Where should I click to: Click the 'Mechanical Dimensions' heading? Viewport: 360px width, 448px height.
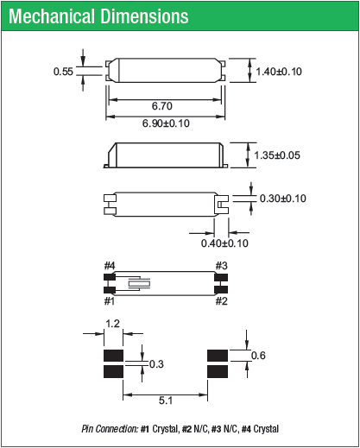(99, 16)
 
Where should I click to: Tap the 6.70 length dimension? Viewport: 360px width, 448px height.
(163, 104)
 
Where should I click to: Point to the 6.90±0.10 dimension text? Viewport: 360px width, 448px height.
(164, 124)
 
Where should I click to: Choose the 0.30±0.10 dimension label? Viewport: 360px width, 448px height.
(283, 199)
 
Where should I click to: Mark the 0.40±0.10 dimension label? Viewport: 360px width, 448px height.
(224, 243)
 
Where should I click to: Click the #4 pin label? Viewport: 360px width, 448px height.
(110, 265)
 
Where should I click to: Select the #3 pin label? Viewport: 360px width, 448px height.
(221, 265)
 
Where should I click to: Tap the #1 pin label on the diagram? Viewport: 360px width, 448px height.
(110, 301)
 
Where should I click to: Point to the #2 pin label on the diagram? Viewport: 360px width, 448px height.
(221, 301)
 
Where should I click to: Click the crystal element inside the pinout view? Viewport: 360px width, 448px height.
(138, 283)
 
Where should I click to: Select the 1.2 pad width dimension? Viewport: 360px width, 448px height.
(112, 325)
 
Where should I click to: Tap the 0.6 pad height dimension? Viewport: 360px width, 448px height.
(257, 356)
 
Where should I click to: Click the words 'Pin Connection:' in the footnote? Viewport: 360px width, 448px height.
(107, 429)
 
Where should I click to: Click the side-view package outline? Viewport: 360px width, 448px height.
(164, 156)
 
